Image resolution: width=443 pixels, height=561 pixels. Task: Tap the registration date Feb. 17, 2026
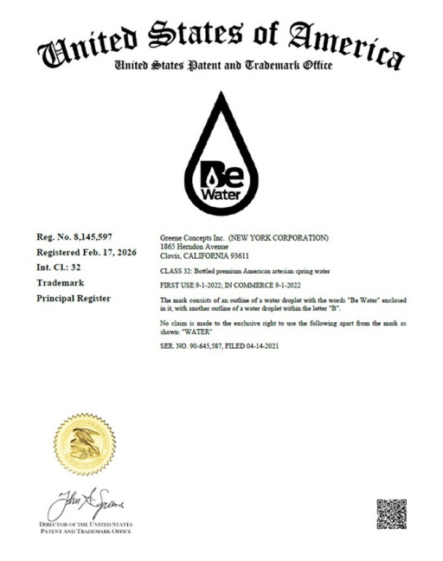[100, 252]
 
